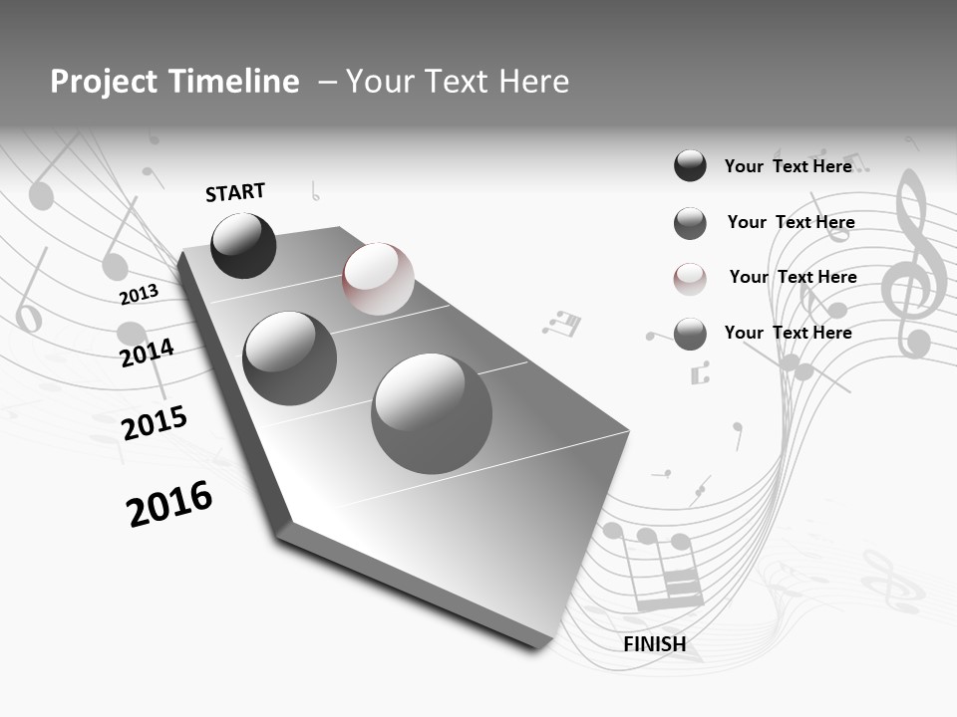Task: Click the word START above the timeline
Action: (x=235, y=192)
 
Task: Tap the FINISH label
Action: (x=655, y=644)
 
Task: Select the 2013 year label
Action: (x=139, y=295)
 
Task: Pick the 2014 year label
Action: (x=148, y=353)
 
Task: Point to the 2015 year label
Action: (x=154, y=423)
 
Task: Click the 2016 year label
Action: (x=169, y=503)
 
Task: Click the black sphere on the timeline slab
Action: (x=243, y=245)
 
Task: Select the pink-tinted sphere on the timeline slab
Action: (x=378, y=279)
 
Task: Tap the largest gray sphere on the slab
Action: (x=432, y=413)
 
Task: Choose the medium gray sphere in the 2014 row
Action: (x=289, y=358)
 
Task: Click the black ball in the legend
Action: (x=690, y=165)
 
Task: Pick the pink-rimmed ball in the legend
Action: (x=690, y=278)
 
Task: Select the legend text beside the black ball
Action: (x=788, y=166)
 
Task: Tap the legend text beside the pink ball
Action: (x=793, y=277)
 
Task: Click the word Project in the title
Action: (x=103, y=82)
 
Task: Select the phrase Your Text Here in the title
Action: (x=458, y=82)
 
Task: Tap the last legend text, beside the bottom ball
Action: (x=788, y=333)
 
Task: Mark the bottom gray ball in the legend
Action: (x=690, y=334)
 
